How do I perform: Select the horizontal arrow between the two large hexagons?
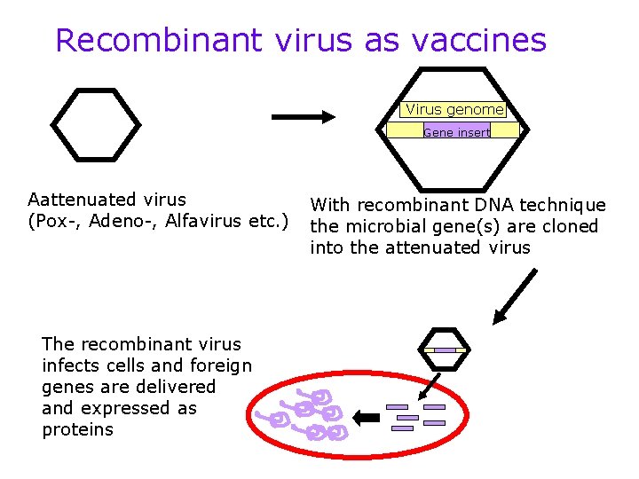click(x=302, y=116)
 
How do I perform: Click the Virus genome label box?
click(x=454, y=110)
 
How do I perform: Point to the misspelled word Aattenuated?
click(x=81, y=199)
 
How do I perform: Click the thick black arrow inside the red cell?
click(x=365, y=416)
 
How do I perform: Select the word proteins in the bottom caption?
click(x=78, y=429)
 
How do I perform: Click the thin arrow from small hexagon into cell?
click(x=432, y=383)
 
